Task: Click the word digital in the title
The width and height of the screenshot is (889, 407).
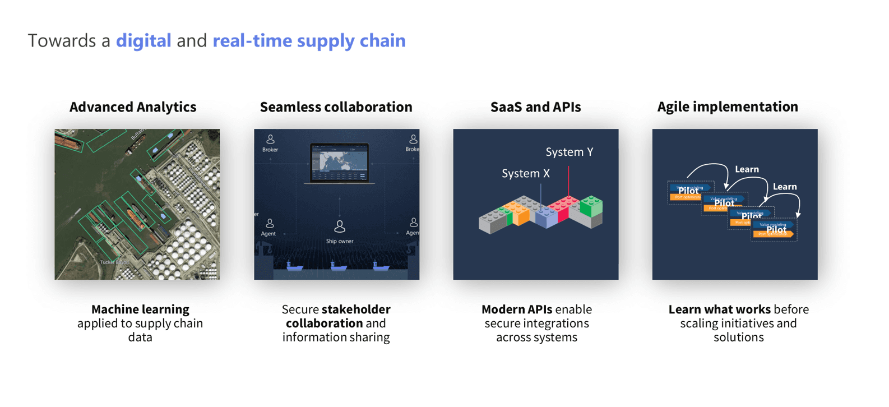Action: pos(143,40)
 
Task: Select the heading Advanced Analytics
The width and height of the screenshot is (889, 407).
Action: pos(133,107)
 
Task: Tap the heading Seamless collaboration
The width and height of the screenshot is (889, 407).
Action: pos(336,107)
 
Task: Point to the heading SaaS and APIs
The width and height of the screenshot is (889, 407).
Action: pos(535,107)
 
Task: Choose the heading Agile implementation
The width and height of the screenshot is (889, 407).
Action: pos(728,107)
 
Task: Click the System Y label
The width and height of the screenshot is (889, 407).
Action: pos(569,152)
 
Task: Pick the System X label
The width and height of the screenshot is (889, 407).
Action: pos(525,173)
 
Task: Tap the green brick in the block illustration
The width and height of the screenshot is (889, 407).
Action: pos(591,206)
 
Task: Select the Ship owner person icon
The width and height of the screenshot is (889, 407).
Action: pos(340,226)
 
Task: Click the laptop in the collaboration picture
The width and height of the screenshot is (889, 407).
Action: pos(340,163)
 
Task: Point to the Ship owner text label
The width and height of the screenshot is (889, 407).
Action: pos(340,241)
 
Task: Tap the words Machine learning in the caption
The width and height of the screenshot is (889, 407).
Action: pos(140,309)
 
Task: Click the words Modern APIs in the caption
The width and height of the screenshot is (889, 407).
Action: pos(516,309)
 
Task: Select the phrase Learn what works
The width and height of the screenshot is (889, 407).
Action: pos(719,309)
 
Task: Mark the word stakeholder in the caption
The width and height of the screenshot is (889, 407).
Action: pos(356,309)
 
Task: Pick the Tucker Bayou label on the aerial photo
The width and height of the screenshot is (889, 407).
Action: pos(114,262)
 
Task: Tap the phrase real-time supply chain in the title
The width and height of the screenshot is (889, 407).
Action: pos(309,40)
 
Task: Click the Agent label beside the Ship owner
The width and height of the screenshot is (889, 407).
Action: pos(268,233)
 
